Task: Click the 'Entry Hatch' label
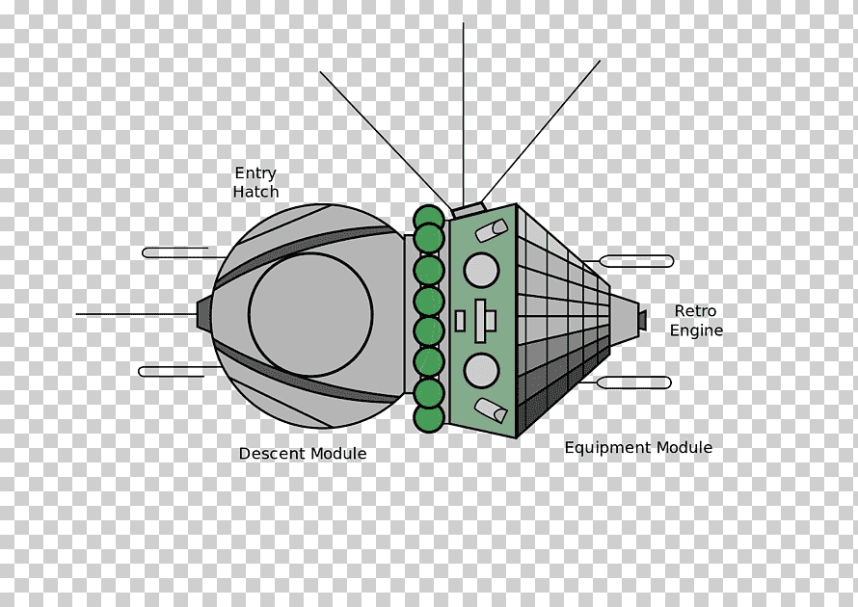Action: pos(255,183)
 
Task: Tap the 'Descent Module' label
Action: pos(303,454)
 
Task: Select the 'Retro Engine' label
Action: pos(696,321)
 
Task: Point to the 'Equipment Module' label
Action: pos(638,448)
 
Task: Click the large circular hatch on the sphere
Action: pos(310,314)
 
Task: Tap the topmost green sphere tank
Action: pos(428,219)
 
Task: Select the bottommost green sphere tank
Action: pos(428,418)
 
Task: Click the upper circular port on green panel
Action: pos(481,270)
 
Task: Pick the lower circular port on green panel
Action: pos(481,370)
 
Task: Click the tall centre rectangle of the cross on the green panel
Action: pos(480,321)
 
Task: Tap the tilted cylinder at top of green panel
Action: pos(492,230)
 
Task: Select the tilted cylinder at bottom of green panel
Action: pos(491,410)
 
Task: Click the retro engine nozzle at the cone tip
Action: pos(641,320)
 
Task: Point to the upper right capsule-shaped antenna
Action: pos(636,261)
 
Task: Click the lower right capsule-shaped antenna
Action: pos(633,383)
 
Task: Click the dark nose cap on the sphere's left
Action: pos(203,314)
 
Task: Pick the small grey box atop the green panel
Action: pos(469,209)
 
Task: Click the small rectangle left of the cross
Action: pos(460,321)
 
